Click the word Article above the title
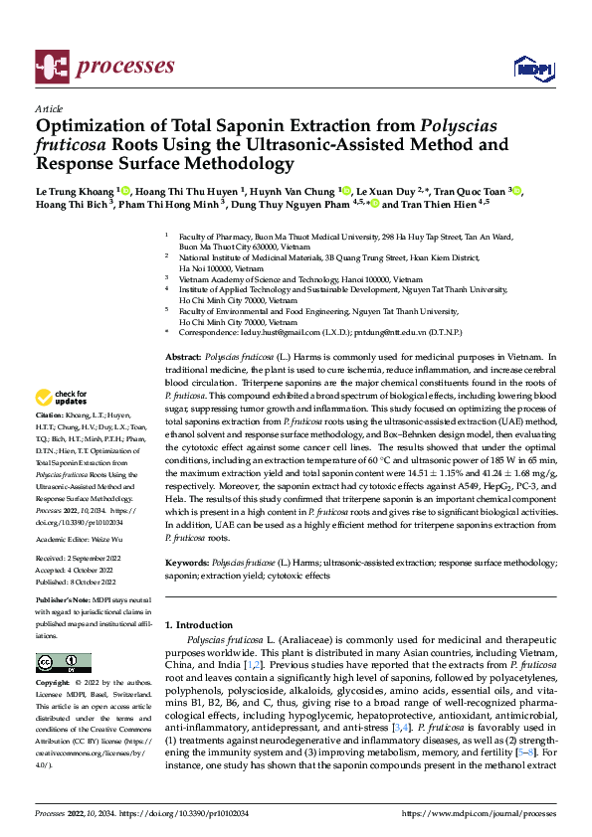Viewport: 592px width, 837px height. [x=49, y=108]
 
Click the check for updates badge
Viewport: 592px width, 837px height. [x=63, y=400]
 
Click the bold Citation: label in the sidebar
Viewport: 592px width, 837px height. [x=50, y=441]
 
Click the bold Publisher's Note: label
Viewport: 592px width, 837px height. [x=65, y=601]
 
